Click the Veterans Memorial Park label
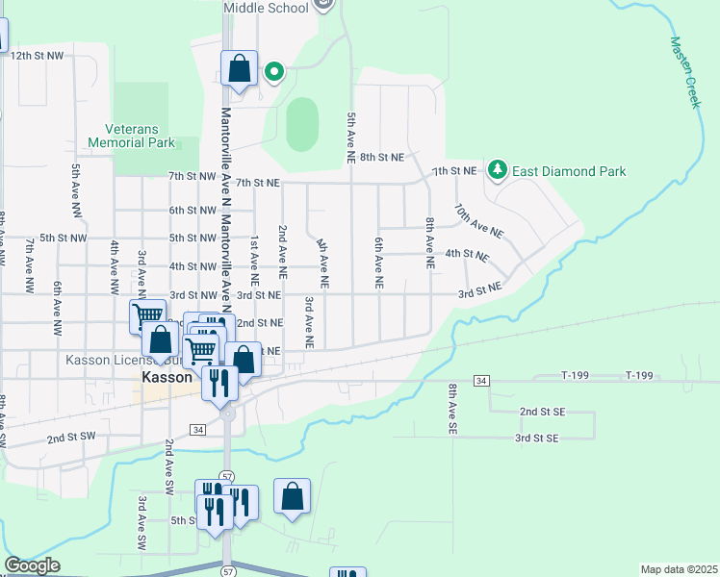click(131, 135)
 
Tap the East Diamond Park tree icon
click(497, 170)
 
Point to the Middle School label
click(267, 8)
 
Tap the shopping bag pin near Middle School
click(239, 70)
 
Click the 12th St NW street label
click(37, 57)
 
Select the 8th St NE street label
click(381, 156)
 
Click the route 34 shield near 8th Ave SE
click(481, 382)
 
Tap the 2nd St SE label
click(541, 411)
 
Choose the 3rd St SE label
click(536, 439)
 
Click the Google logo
click(32, 565)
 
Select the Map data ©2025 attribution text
click(679, 569)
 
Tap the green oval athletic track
click(302, 124)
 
